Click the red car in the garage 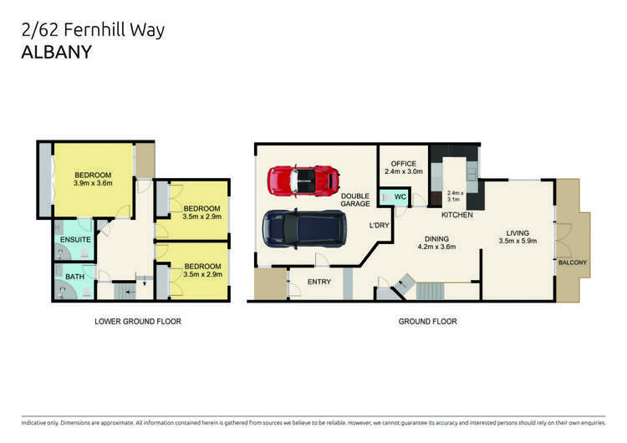tap(303, 178)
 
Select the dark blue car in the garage tap(303, 228)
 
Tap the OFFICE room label tap(403, 162)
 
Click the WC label tap(400, 197)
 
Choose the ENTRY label tap(319, 282)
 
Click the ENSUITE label tap(74, 241)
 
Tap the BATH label tap(75, 276)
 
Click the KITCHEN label tap(456, 215)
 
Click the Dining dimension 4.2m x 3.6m tap(436, 247)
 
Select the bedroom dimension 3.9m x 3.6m tap(93, 183)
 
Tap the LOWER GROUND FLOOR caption tap(138, 321)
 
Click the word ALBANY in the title tap(57, 52)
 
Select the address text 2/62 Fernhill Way tap(93, 31)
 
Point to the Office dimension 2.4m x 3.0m tap(403, 171)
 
